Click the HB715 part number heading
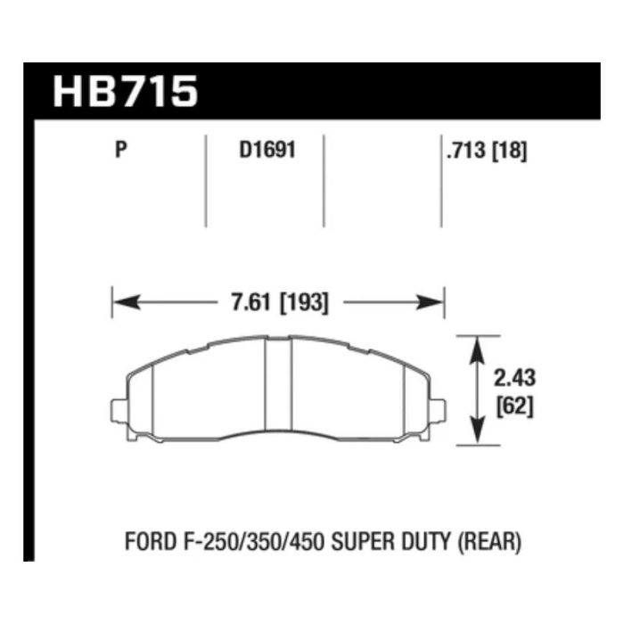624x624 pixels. point(126,92)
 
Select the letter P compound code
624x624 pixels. point(121,150)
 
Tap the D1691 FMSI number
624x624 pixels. point(267,150)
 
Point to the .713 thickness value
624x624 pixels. point(466,151)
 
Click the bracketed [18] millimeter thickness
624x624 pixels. point(510,151)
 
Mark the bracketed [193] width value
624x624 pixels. point(305,303)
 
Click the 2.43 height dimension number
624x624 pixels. point(514,378)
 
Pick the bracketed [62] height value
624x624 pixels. point(514,407)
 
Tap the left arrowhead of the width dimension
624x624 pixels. point(127,302)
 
